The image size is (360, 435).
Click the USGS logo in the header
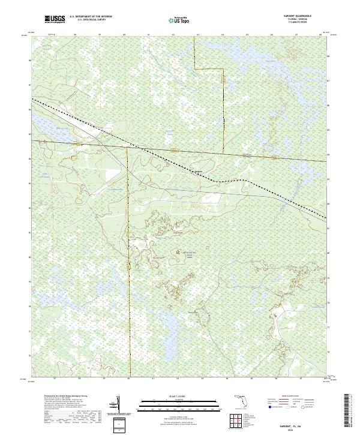pyautogui.click(x=55, y=19)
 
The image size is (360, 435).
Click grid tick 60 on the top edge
pyautogui.click(x=124, y=35)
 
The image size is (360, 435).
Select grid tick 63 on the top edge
pyautogui.click(x=197, y=35)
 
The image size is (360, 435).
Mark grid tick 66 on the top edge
pyautogui.click(x=271, y=35)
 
